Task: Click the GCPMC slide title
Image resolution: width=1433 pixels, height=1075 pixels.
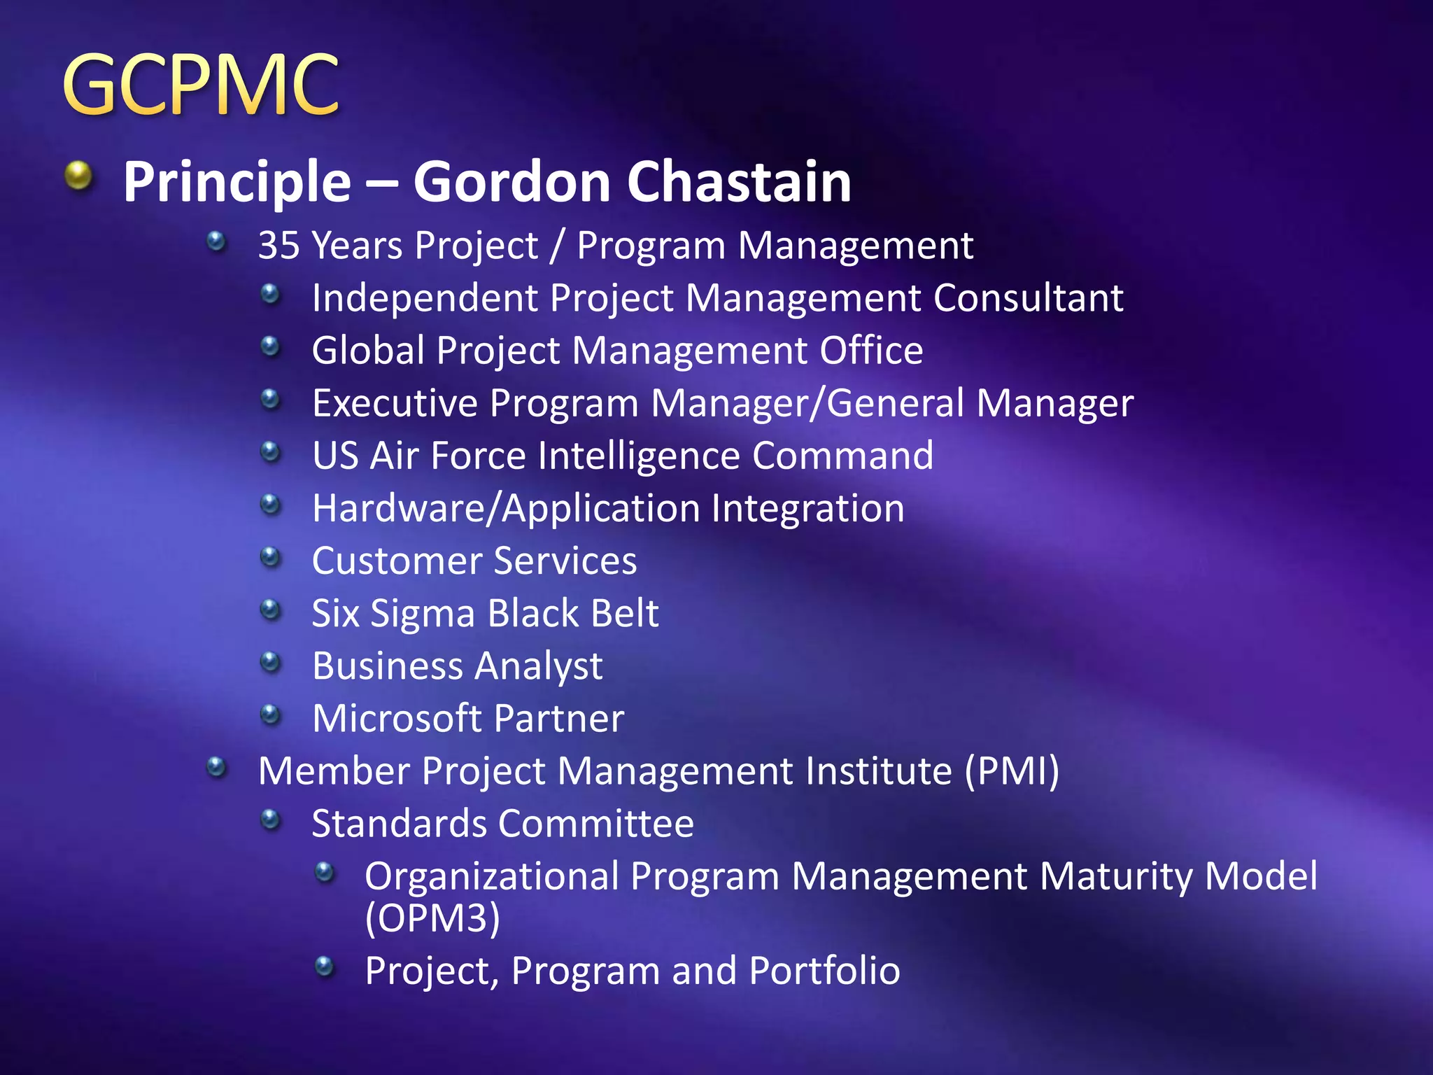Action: pyautogui.click(x=202, y=85)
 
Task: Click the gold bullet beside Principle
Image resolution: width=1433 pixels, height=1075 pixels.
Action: pyautogui.click(x=78, y=176)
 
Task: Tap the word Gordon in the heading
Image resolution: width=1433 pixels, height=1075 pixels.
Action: pyautogui.click(x=512, y=181)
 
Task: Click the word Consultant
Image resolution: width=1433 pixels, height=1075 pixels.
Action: pyautogui.click(x=1028, y=298)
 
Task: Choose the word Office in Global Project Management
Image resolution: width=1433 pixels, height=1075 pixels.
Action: pyautogui.click(x=871, y=350)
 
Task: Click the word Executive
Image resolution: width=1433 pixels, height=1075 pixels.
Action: pyautogui.click(x=395, y=403)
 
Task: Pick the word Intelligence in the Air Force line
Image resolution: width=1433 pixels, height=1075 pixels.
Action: pyautogui.click(x=639, y=456)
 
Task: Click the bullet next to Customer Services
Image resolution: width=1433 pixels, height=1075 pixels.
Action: pyautogui.click(x=269, y=558)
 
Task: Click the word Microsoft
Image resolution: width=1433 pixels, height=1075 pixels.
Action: pyautogui.click(x=397, y=719)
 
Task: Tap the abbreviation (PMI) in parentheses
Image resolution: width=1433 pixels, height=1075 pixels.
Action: pyautogui.click(x=1012, y=771)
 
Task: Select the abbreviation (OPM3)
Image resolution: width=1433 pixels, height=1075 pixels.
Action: pyautogui.click(x=432, y=918)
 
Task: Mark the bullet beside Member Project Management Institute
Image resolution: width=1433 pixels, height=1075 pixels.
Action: pyautogui.click(x=217, y=768)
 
